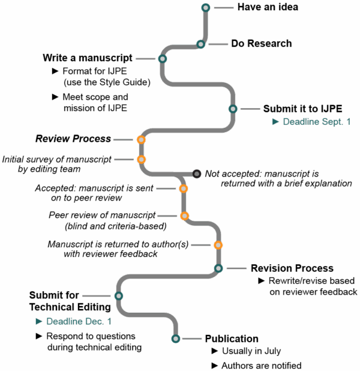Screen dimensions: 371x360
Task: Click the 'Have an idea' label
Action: tap(267, 8)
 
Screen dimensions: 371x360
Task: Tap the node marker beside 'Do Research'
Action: tap(201, 44)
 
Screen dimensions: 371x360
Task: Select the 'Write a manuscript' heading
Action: tap(88, 58)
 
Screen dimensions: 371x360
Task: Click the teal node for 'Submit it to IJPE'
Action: tap(233, 109)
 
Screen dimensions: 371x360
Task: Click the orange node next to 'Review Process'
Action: tap(141, 140)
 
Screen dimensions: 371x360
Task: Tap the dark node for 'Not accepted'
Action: tap(196, 173)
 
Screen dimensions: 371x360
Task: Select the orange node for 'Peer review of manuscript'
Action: tap(184, 216)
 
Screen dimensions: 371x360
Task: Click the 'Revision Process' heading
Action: tap(292, 268)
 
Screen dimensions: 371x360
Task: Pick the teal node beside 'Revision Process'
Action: tap(218, 268)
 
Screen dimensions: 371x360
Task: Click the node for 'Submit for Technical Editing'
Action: tap(118, 296)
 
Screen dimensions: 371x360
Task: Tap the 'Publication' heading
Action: tap(232, 339)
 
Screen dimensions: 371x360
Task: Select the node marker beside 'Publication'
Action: tap(175, 339)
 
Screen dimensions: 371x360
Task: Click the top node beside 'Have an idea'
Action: tap(205, 8)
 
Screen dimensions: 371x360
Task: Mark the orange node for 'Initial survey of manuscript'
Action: tap(141, 159)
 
